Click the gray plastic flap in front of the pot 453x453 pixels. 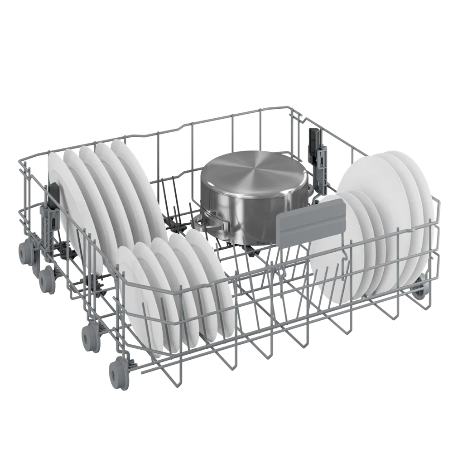point(310,223)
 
